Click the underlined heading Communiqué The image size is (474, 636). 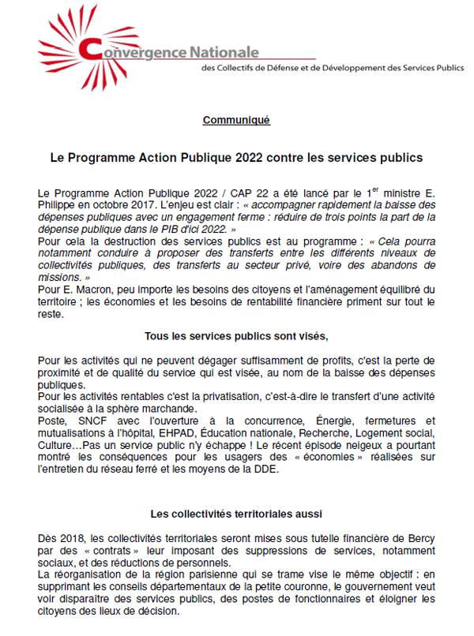coord(236,120)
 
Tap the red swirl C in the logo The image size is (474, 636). coord(89,50)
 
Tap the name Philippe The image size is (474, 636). coord(59,203)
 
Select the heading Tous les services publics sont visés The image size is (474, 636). coord(235,335)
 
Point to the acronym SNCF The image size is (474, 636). coord(85,421)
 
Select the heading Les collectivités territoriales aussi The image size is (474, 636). coord(235,513)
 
